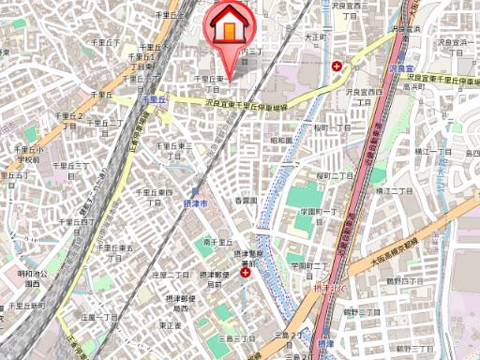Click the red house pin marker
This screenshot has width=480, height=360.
point(229,27)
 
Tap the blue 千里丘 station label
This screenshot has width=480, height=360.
point(153,97)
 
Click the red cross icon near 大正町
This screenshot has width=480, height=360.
point(337,65)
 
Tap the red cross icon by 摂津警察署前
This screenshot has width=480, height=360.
point(245,271)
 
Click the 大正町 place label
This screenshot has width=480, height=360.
point(315,37)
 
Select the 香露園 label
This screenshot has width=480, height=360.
point(246,201)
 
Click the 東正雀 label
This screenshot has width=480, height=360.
point(170,324)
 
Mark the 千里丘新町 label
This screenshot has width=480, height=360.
point(25,306)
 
